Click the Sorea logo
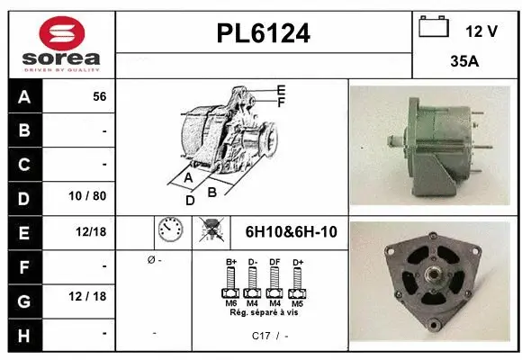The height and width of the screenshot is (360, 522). (x=60, y=43)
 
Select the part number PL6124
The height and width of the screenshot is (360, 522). (x=263, y=34)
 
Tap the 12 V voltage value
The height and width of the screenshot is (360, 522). (x=481, y=31)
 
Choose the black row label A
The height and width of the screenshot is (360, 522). (x=23, y=95)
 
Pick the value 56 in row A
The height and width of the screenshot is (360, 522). (x=99, y=95)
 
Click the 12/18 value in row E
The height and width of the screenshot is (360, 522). (x=91, y=231)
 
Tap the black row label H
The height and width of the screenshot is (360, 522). (x=23, y=334)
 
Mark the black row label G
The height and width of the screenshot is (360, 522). (x=23, y=300)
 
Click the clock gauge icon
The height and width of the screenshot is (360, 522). (x=171, y=232)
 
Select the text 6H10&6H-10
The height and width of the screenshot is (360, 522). (x=291, y=232)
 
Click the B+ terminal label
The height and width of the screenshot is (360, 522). (x=230, y=263)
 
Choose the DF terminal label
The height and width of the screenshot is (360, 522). (x=274, y=263)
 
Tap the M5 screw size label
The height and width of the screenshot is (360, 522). (x=297, y=302)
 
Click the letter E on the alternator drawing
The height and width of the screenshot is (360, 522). (x=281, y=90)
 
